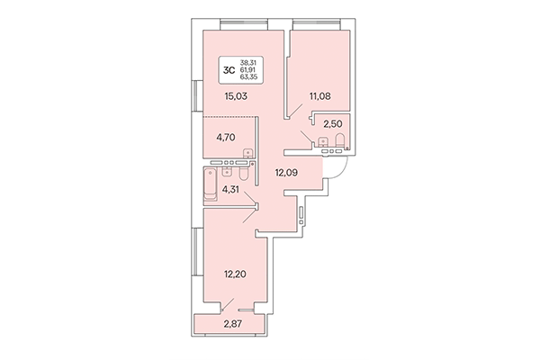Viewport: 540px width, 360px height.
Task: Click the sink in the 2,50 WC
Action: click(x=324, y=142)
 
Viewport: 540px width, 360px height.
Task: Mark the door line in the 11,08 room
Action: click(x=294, y=110)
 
